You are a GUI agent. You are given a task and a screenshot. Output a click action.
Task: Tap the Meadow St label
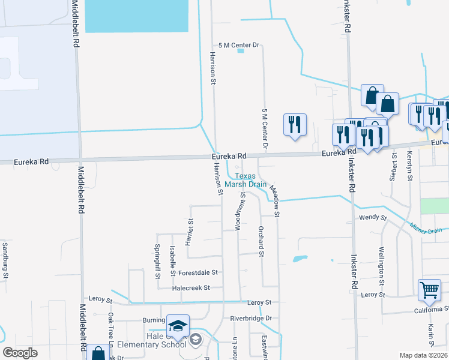[275, 201]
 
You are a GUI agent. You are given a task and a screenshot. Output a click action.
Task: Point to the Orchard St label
[261, 242]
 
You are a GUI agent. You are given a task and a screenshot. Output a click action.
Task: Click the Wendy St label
[370, 218]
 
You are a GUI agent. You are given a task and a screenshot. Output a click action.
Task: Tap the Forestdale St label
[197, 272]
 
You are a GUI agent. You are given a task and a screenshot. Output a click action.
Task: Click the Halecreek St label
[190, 287]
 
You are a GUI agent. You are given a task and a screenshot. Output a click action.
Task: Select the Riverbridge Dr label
[251, 318]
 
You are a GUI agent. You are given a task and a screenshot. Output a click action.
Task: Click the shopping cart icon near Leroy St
[430, 290]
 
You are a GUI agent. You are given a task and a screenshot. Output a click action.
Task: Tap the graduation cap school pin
[178, 326]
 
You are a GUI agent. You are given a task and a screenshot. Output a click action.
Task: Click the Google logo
[20, 353]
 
